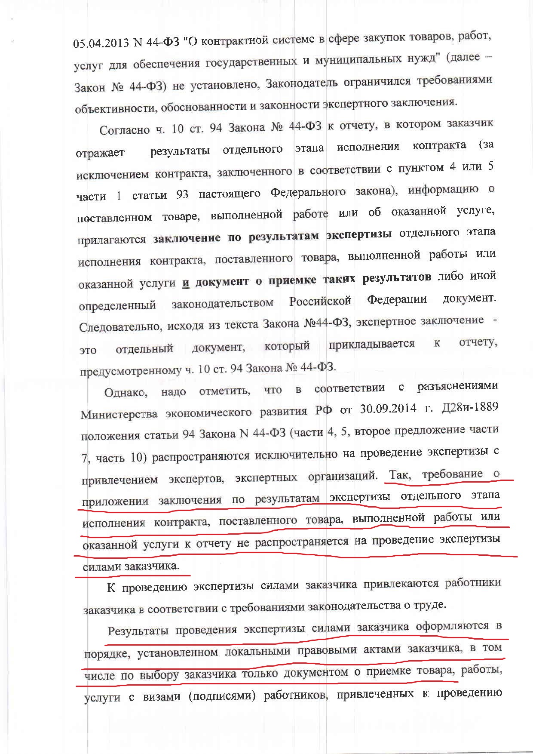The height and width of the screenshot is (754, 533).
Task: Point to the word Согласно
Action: pyautogui.click(x=125, y=130)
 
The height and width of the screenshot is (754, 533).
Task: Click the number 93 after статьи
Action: pyautogui.click(x=182, y=194)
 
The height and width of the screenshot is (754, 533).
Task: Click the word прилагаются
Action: pyautogui.click(x=112, y=239)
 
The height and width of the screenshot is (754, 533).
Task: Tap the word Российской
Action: pyautogui.click(x=320, y=301)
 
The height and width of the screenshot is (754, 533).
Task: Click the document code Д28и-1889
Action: pyautogui.click(x=470, y=407)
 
